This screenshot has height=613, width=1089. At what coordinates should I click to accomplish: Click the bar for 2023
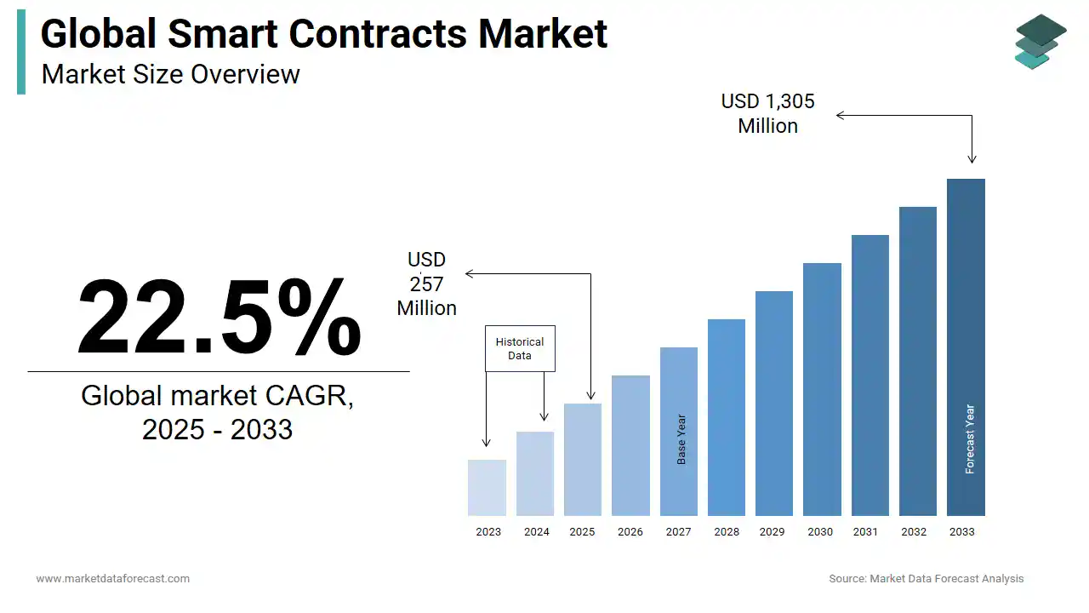click(x=487, y=488)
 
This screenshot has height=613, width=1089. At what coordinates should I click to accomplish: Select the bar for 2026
click(x=630, y=445)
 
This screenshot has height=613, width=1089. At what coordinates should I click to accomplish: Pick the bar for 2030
click(x=822, y=389)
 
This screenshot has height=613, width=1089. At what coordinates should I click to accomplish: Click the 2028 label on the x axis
click(x=727, y=531)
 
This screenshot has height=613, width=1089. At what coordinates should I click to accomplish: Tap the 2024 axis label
click(x=536, y=531)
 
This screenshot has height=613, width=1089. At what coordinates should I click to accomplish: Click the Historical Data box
click(x=520, y=348)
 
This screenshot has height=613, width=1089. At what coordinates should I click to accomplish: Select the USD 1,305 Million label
click(x=767, y=113)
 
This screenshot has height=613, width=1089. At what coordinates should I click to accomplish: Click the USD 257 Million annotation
click(x=426, y=284)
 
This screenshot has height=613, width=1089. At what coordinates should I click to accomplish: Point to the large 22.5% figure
click(x=219, y=318)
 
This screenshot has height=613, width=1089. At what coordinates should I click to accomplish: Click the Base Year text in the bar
click(x=681, y=439)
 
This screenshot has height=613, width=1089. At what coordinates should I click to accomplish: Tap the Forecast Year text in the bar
click(x=970, y=438)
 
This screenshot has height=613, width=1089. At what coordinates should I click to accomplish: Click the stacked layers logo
click(x=1040, y=41)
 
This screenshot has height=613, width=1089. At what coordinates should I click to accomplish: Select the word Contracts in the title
click(x=378, y=34)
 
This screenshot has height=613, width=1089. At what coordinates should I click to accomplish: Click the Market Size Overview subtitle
click(x=170, y=74)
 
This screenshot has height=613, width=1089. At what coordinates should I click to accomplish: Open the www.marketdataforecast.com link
click(x=112, y=578)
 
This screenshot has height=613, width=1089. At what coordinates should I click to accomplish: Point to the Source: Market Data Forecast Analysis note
click(x=927, y=578)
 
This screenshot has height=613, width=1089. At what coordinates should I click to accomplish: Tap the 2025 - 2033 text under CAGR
click(x=217, y=429)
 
